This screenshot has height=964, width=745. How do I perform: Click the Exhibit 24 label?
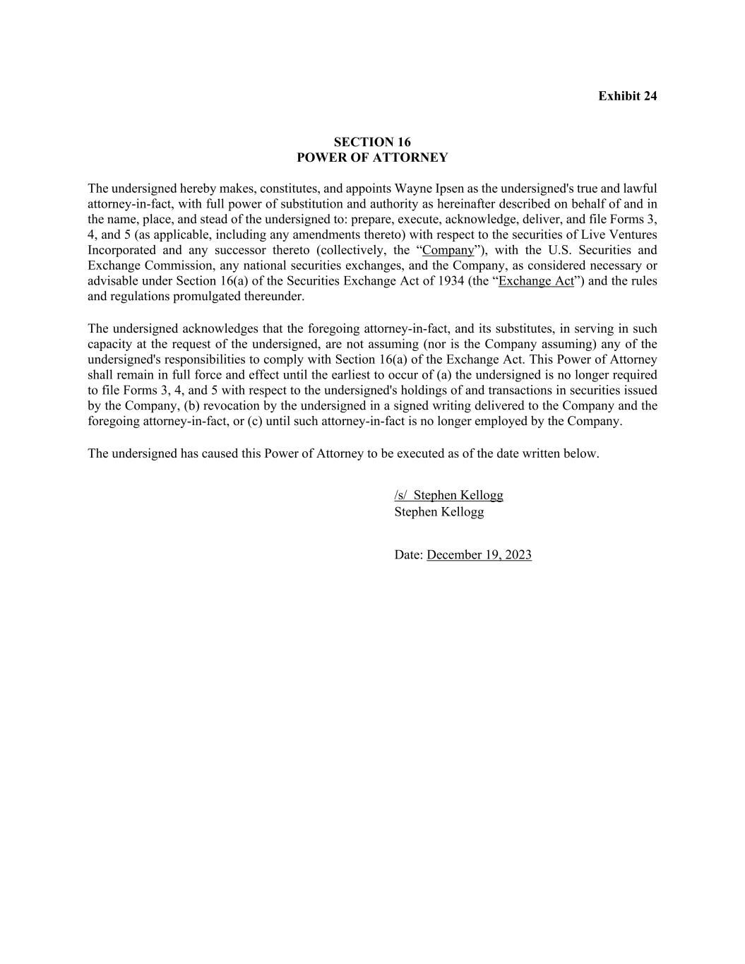pyautogui.click(x=627, y=96)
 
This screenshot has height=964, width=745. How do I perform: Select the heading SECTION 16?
pyautogui.click(x=372, y=142)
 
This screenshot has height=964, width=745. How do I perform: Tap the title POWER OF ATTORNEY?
pyautogui.click(x=372, y=157)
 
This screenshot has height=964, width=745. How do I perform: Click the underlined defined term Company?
pyautogui.click(x=448, y=250)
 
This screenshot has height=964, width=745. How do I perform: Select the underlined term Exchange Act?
pyautogui.click(x=536, y=281)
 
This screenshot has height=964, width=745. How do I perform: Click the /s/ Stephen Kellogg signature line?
pyautogui.click(x=448, y=495)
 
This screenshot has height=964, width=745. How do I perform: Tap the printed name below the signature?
pyautogui.click(x=439, y=512)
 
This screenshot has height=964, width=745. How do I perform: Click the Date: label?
pyautogui.click(x=409, y=555)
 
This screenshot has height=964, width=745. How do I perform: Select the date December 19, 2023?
pyautogui.click(x=479, y=555)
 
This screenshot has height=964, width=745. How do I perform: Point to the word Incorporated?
pyautogui.click(x=121, y=250)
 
